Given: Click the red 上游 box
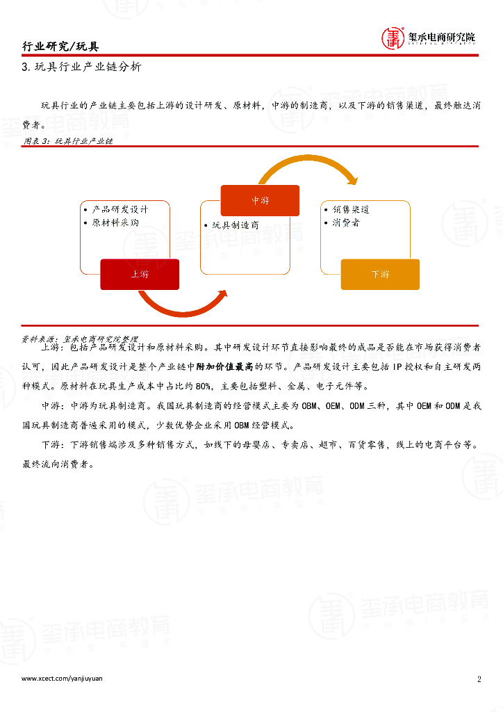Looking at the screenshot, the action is point(140,274).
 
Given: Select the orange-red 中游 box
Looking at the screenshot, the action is point(260,200).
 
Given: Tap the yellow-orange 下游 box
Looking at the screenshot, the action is point(380,274).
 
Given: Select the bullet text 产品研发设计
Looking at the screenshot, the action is point(119,209).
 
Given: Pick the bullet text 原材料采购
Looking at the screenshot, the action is point(115,223).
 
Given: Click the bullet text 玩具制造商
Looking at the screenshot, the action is point(236,225).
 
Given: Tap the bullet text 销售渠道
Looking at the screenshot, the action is point(350,209).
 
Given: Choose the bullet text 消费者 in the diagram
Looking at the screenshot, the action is point(345,223).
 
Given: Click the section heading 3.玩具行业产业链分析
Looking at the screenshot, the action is point(81,67).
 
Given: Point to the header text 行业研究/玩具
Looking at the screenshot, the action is point(60,47).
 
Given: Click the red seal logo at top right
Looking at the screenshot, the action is point(394,38).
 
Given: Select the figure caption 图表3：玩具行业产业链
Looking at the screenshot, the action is point(68,140).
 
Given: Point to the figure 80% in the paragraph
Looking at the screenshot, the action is point(202,386).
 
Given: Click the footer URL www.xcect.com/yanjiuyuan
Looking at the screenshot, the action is point(62,679).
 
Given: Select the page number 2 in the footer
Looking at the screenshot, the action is point(479,679).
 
